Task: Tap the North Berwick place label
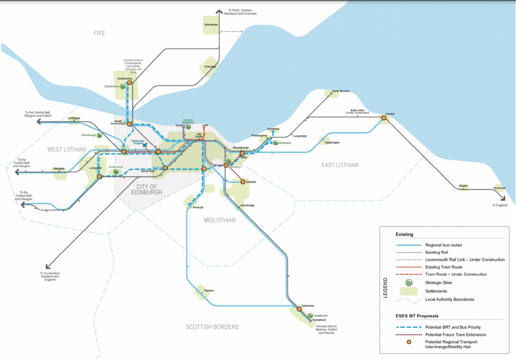pos(341,91)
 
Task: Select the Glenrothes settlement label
pos(211,24)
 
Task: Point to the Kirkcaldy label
pos(211,67)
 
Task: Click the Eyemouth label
pos(499,188)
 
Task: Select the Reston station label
pos(463,186)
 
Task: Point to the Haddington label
pos(333,143)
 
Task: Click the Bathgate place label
pos(59,169)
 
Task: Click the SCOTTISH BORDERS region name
pos(212,327)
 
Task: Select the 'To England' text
pos(500,205)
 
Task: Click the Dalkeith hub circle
pos(242,182)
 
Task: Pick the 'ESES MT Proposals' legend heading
pos(416,317)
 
